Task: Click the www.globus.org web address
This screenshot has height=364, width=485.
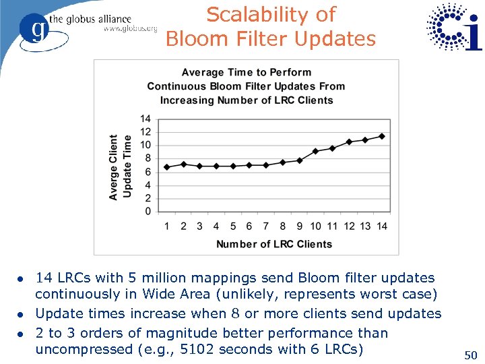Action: tap(130, 30)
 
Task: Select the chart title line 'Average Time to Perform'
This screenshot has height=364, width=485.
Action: tap(247, 72)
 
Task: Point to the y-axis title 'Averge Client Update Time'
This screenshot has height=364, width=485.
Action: tap(120, 166)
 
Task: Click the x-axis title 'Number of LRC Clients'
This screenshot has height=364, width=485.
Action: tap(274, 244)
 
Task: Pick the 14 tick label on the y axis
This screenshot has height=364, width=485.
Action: tap(145, 119)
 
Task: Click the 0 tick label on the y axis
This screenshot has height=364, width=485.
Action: tap(148, 212)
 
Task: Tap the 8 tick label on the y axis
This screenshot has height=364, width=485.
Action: tap(148, 158)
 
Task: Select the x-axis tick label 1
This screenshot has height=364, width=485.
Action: tap(167, 226)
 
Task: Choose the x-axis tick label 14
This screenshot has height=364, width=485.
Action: tap(382, 226)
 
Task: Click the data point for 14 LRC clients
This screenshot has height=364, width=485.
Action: tap(382, 136)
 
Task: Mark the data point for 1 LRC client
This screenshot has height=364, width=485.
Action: tap(167, 167)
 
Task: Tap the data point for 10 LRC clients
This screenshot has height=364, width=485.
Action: tap(316, 151)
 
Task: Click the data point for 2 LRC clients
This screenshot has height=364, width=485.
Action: tap(183, 164)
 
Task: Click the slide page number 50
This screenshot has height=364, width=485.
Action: tap(471, 355)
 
